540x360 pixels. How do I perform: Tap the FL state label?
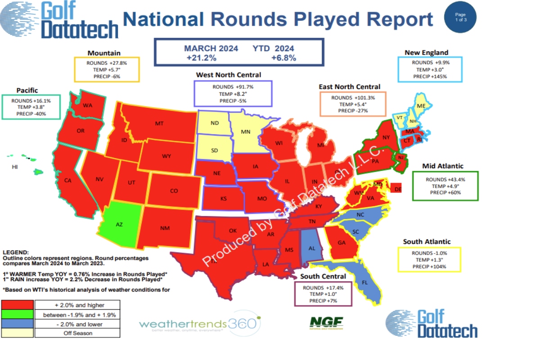tap(364, 283)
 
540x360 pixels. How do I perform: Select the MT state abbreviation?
tap(159, 123)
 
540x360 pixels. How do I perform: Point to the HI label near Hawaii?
tap(15, 167)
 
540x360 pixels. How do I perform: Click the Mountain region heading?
tap(104, 53)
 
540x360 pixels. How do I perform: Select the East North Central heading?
tap(349, 87)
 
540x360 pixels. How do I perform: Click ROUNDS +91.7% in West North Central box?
tap(233, 86)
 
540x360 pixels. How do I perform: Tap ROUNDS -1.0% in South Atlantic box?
tap(429, 253)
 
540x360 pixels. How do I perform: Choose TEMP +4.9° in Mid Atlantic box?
tap(445, 186)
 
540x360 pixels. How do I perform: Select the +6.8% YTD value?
tap(283, 58)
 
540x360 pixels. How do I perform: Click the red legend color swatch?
tap(18, 305)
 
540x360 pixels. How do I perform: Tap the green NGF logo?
tap(326, 322)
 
